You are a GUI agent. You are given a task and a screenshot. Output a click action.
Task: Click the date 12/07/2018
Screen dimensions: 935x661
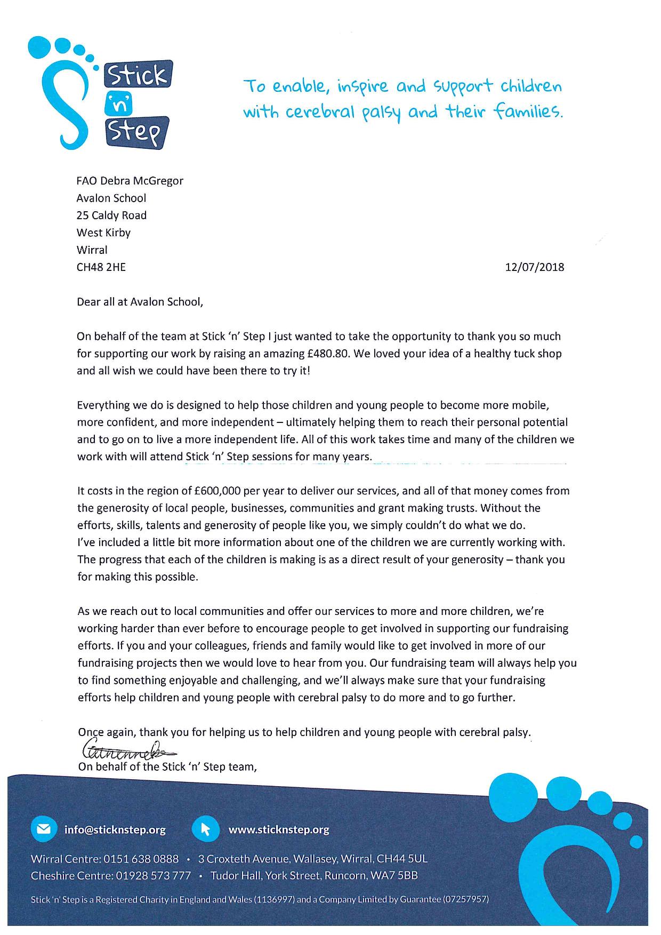[x=534, y=267]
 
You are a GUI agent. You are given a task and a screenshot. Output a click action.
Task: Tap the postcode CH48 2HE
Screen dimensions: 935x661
[x=101, y=267]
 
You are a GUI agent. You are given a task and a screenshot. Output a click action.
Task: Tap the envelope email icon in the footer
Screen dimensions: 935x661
[x=44, y=829]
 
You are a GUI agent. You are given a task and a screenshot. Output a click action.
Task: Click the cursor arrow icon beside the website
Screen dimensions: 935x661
[x=205, y=829]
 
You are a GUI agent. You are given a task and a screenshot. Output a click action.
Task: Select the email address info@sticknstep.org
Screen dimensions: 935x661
[x=115, y=830]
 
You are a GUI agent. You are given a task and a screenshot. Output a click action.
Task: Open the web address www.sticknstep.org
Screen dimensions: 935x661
[x=278, y=830]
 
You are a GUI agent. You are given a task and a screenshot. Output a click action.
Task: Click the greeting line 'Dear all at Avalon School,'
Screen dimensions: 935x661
[x=140, y=302]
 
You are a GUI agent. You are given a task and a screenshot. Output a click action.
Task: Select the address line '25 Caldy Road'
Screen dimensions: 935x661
[x=111, y=215]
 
